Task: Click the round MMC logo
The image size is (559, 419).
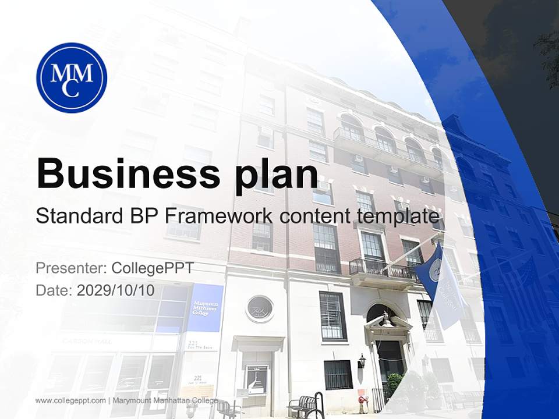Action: click(x=72, y=77)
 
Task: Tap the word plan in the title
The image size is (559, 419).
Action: click(x=277, y=174)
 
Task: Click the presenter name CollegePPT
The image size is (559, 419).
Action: click(x=153, y=268)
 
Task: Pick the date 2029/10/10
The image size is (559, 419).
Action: click(x=116, y=290)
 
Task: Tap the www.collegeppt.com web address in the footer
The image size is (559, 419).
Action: click(x=70, y=400)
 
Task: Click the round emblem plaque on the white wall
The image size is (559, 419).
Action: click(x=260, y=308)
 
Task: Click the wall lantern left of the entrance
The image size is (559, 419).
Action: click(x=362, y=361)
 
